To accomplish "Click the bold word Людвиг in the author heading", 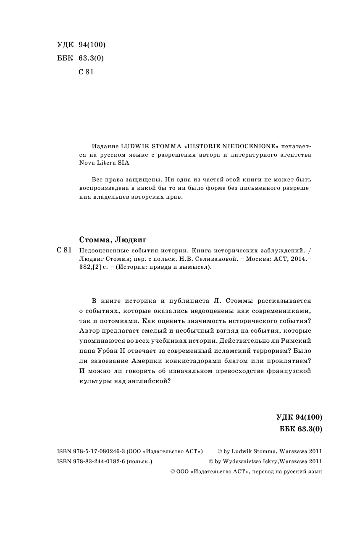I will (131, 240).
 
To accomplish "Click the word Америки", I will (141, 360).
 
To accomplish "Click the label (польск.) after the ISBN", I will (139, 461).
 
